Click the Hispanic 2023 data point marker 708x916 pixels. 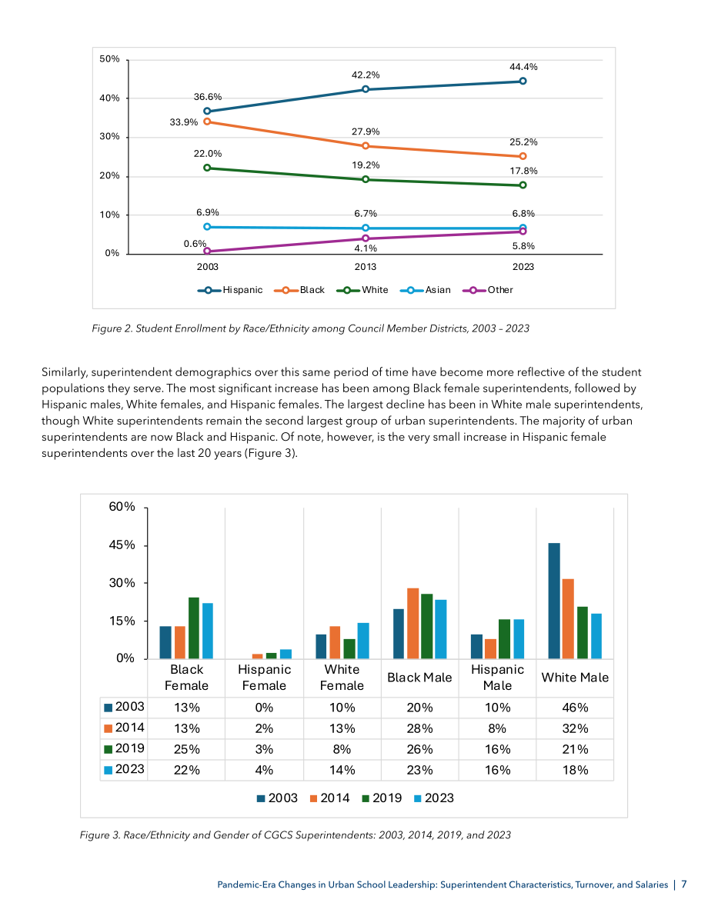(523, 82)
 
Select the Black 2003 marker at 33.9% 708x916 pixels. (207, 122)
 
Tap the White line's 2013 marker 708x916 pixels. (366, 179)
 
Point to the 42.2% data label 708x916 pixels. (366, 75)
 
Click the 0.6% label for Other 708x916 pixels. (195, 244)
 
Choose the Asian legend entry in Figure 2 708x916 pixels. (426, 290)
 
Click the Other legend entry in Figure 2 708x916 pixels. (488, 290)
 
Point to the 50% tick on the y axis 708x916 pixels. (109, 59)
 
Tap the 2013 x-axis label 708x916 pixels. (366, 267)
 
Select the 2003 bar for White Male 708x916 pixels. (553, 601)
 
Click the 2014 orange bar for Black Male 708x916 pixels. (412, 623)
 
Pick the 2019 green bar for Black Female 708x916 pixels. (193, 628)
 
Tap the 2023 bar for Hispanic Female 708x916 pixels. (286, 654)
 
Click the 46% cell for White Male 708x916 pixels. (575, 708)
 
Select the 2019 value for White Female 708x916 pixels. (342, 750)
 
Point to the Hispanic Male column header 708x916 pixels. (498, 678)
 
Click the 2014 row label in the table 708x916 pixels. (124, 728)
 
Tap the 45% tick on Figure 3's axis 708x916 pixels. (122, 545)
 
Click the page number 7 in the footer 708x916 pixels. (684, 884)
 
